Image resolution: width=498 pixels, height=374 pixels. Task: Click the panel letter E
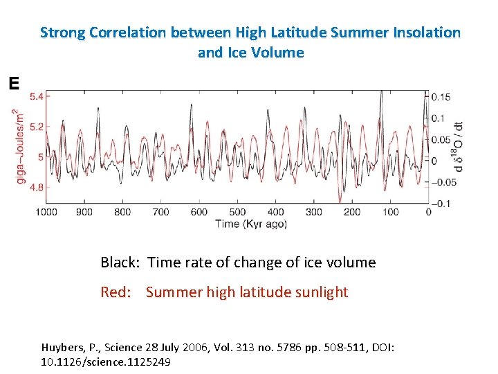coord(13,84)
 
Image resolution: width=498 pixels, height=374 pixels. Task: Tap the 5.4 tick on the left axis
coord(34,96)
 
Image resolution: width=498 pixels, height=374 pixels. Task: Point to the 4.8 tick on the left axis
coord(34,187)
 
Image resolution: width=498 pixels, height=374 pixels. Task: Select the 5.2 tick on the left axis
coord(34,127)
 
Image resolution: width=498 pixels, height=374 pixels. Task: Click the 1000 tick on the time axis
coord(46,212)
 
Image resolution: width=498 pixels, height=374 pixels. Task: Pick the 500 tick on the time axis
coord(237,212)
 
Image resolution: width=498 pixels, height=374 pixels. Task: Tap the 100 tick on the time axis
coord(390,212)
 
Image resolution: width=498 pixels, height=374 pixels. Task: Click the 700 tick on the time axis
coord(160,212)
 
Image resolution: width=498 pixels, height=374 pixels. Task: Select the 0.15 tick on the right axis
coord(441,97)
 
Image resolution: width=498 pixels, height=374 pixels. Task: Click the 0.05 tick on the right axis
coord(441,140)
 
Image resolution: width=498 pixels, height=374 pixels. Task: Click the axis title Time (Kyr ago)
coord(237,224)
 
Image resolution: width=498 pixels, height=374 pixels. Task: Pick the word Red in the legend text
coord(115,292)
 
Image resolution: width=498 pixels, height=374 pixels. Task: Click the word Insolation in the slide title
coord(425,33)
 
